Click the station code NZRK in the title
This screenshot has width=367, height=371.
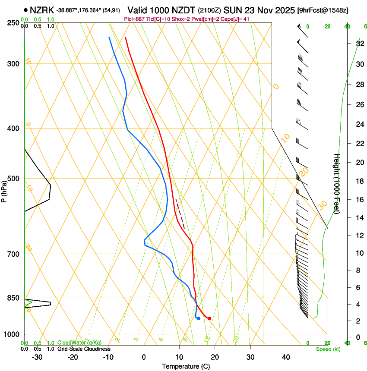42,9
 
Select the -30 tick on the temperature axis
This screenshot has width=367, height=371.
37,357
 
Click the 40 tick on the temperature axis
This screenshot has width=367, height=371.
286,357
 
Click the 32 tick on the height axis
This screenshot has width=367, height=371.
359,44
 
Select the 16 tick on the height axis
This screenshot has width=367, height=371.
359,199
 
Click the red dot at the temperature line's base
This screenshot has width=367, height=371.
209,318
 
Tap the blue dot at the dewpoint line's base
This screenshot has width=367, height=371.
198,318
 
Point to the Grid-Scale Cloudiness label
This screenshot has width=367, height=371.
84,349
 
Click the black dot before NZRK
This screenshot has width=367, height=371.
26,9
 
